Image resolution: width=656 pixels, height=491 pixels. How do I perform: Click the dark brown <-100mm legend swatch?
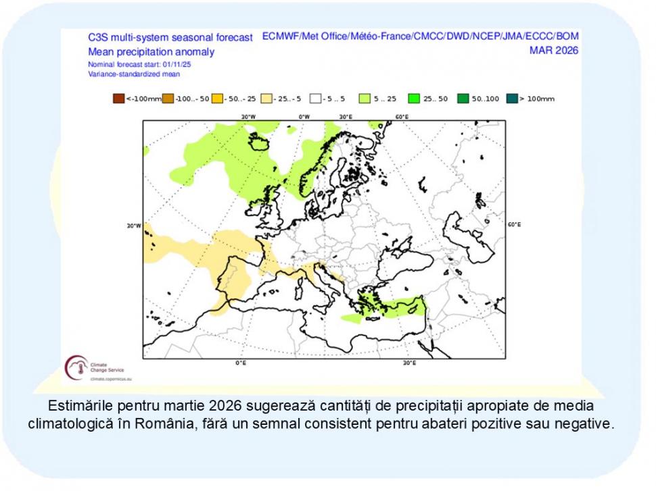118,99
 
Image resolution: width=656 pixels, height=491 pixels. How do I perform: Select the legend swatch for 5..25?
364,99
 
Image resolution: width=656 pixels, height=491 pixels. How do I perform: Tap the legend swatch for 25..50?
414,99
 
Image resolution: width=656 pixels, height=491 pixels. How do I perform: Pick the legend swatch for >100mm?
512,99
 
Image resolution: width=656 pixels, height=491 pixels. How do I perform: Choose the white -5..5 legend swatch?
315,99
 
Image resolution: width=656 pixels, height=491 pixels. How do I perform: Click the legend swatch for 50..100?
463,99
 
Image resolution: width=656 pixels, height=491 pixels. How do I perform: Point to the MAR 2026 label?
554,50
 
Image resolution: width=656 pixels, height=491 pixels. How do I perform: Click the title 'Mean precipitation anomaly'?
151,51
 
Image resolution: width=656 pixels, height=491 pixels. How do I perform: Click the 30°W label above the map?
248,117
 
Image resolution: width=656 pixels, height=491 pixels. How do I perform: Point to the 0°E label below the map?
240,363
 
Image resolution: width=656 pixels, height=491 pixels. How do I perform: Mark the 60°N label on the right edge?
514,224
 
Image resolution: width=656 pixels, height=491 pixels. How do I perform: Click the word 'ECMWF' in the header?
280,36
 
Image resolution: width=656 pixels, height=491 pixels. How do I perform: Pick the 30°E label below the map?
408,363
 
